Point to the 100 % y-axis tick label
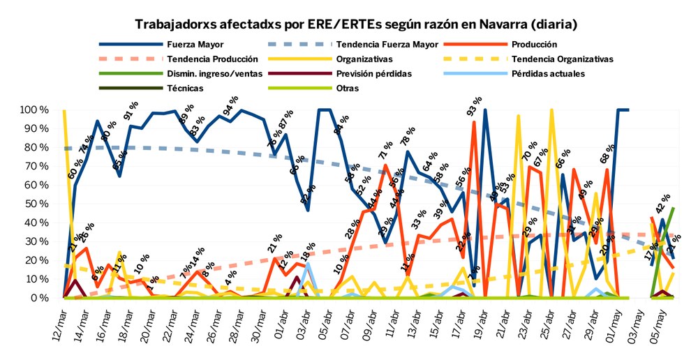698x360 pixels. [34, 110]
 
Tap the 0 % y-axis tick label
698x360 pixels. [39, 298]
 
